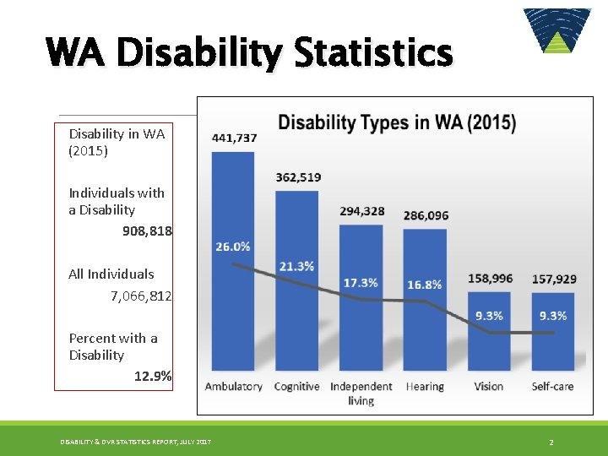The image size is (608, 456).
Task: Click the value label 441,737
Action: [x=234, y=138]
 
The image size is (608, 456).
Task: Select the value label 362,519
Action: [x=298, y=177]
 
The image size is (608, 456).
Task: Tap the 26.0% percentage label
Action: [x=233, y=247]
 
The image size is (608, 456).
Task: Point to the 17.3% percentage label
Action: [x=361, y=282]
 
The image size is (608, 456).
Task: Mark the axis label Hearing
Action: [x=424, y=387]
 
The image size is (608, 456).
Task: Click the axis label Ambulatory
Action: [x=234, y=387]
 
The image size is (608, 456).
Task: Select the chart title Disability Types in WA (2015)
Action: [x=397, y=122]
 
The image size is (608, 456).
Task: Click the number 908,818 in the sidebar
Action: [x=147, y=231]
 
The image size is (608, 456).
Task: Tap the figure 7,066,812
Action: [x=141, y=296]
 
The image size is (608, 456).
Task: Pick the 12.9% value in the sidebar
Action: [x=153, y=377]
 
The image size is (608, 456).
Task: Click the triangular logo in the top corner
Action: [x=556, y=31]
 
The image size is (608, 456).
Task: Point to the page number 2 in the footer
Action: [x=551, y=442]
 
